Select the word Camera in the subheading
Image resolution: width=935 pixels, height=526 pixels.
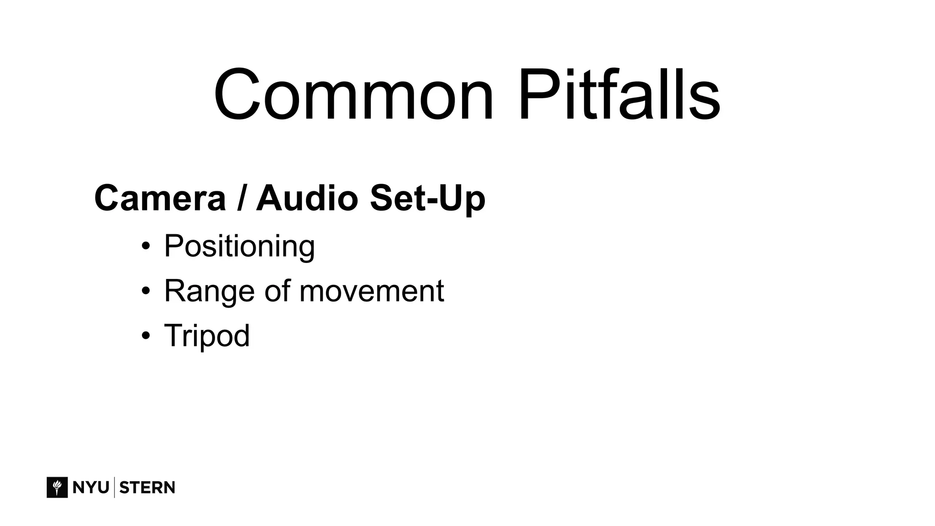(x=160, y=198)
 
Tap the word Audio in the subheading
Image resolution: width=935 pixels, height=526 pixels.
(x=307, y=198)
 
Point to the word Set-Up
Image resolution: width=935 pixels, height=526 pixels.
(x=427, y=198)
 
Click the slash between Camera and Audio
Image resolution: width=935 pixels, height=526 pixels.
(x=241, y=198)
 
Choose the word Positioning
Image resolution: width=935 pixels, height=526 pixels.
(x=239, y=246)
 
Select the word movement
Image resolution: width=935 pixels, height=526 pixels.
(x=371, y=291)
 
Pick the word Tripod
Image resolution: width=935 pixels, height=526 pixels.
(x=207, y=336)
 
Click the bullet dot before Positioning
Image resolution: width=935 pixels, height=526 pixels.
(x=146, y=247)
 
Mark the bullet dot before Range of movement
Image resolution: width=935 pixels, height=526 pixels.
(x=146, y=291)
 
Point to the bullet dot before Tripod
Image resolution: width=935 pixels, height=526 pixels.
(x=146, y=336)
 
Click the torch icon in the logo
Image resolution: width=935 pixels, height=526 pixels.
(x=57, y=487)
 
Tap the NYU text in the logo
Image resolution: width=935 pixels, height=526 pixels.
(x=90, y=488)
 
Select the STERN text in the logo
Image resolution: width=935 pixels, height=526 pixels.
(x=147, y=488)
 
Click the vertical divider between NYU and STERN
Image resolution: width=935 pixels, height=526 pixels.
(x=114, y=487)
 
